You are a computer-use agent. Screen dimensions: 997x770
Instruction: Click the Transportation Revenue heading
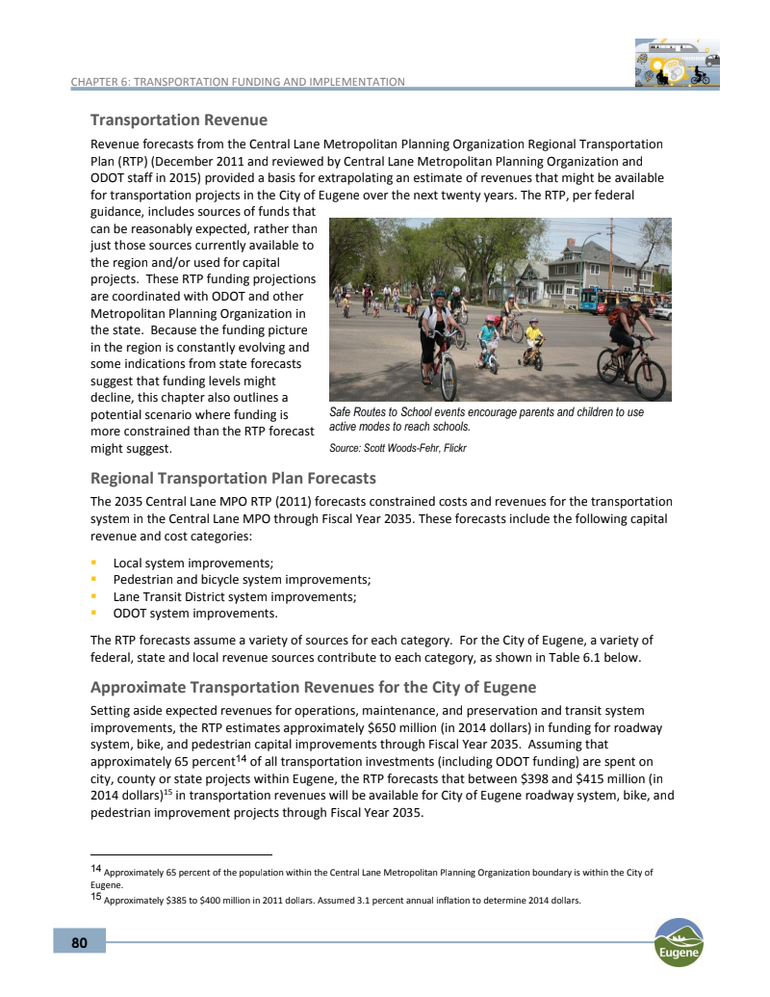tap(178, 120)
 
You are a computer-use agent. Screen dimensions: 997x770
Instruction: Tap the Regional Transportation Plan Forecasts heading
tap(232, 478)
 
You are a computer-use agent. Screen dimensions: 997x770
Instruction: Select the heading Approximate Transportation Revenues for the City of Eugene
tap(313, 688)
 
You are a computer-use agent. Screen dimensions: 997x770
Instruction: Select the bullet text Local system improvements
tap(193, 563)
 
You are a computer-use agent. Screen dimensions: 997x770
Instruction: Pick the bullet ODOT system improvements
tap(195, 613)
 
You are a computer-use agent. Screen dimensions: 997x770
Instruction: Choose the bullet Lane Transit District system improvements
tap(235, 596)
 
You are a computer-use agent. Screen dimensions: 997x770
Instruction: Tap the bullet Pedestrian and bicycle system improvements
tap(242, 579)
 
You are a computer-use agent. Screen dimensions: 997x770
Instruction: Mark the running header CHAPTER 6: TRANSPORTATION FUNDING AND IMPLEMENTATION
tap(238, 82)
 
